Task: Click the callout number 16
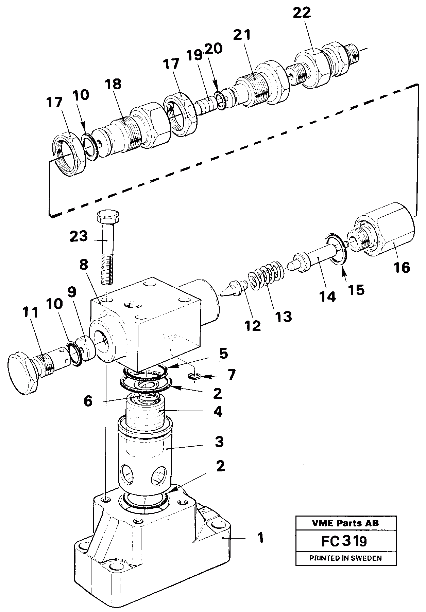[x=402, y=268]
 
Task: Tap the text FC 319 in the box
[x=344, y=541]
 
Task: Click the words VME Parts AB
[x=346, y=523]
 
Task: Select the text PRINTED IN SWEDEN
[x=345, y=558]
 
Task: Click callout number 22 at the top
[x=302, y=13]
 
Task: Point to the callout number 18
[x=113, y=84]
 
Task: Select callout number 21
[x=242, y=35]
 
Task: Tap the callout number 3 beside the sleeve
[x=219, y=442]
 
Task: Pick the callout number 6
[x=88, y=401]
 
